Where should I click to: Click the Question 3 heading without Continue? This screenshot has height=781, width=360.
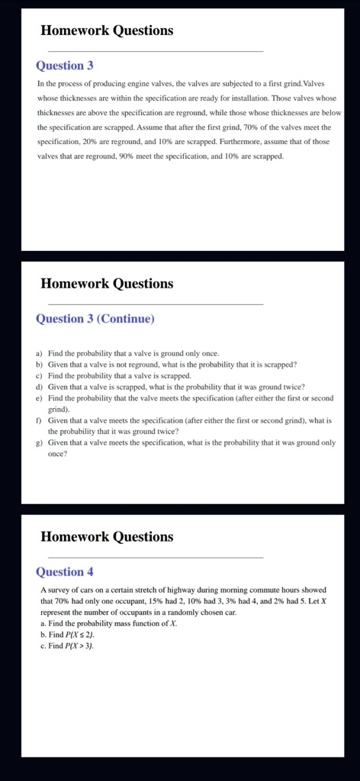[x=65, y=66]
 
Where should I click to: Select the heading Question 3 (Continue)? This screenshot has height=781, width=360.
[x=95, y=319]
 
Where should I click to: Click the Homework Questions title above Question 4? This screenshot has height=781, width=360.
[x=107, y=537]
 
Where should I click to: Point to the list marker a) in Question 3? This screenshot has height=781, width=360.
[x=39, y=354]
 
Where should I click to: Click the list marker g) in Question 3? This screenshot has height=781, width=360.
[x=39, y=442]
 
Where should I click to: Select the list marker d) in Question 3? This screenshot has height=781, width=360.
[x=39, y=387]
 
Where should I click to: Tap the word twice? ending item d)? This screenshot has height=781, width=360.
[x=289, y=387]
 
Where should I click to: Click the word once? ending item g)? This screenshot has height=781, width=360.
[x=57, y=454]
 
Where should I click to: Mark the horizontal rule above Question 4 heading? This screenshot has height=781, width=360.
[x=152, y=558]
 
